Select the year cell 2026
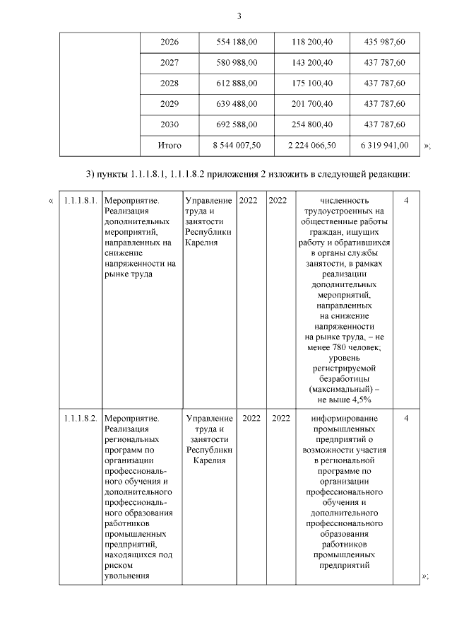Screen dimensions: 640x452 click(x=169, y=42)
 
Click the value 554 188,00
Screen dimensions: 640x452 click(x=237, y=42)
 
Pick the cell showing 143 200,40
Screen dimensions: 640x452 click(x=312, y=63)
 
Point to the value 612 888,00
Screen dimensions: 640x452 click(x=237, y=83)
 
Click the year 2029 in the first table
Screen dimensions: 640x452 click(x=169, y=104)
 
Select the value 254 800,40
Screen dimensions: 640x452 click(x=312, y=124)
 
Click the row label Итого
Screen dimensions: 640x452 click(x=169, y=146)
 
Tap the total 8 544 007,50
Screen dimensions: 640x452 click(x=237, y=146)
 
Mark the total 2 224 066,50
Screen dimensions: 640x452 click(x=312, y=146)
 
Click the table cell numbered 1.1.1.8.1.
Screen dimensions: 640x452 click(x=78, y=201)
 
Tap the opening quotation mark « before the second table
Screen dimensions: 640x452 click(x=50, y=201)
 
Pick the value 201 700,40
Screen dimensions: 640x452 click(x=312, y=104)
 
